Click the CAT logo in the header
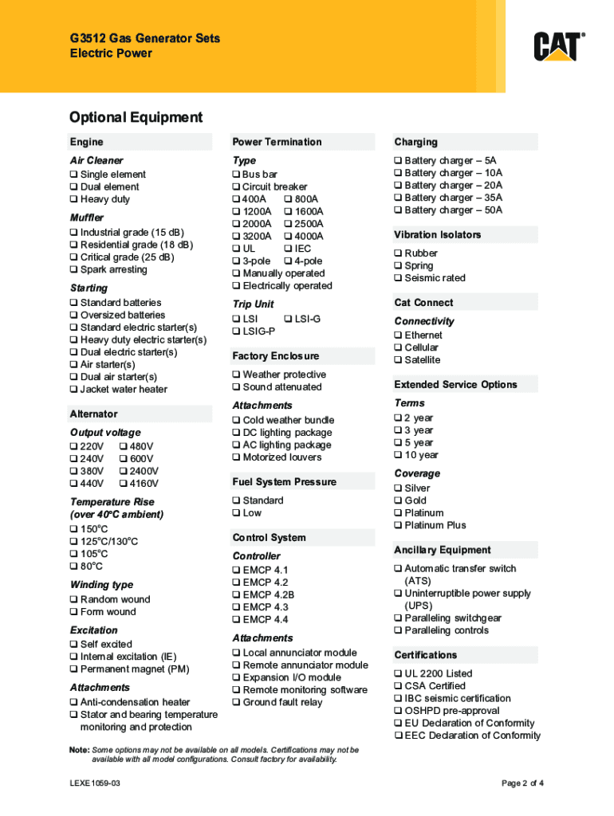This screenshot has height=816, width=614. [559, 46]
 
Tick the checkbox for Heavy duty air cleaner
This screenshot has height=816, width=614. [73, 199]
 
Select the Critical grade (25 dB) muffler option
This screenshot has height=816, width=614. [73, 257]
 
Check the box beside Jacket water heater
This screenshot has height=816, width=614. [73, 390]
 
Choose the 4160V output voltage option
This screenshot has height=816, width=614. [122, 484]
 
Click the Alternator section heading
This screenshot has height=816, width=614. [94, 414]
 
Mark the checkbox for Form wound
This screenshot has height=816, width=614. [73, 612]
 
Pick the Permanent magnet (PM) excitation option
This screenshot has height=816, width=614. [73, 669]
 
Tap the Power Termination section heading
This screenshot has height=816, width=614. [277, 142]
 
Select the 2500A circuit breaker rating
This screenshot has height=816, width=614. [288, 224]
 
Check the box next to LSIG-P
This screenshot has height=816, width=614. [236, 331]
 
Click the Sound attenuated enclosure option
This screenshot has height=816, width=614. [236, 387]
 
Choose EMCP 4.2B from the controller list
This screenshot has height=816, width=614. [236, 594]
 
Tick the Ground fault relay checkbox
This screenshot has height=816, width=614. [236, 703]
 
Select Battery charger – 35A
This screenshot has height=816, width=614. [398, 198]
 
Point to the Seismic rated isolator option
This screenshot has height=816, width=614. [398, 278]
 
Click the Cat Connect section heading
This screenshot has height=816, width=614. [423, 303]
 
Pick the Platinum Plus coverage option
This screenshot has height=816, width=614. [398, 525]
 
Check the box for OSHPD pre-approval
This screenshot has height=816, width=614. [398, 711]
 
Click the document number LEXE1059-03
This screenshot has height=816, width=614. [95, 783]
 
